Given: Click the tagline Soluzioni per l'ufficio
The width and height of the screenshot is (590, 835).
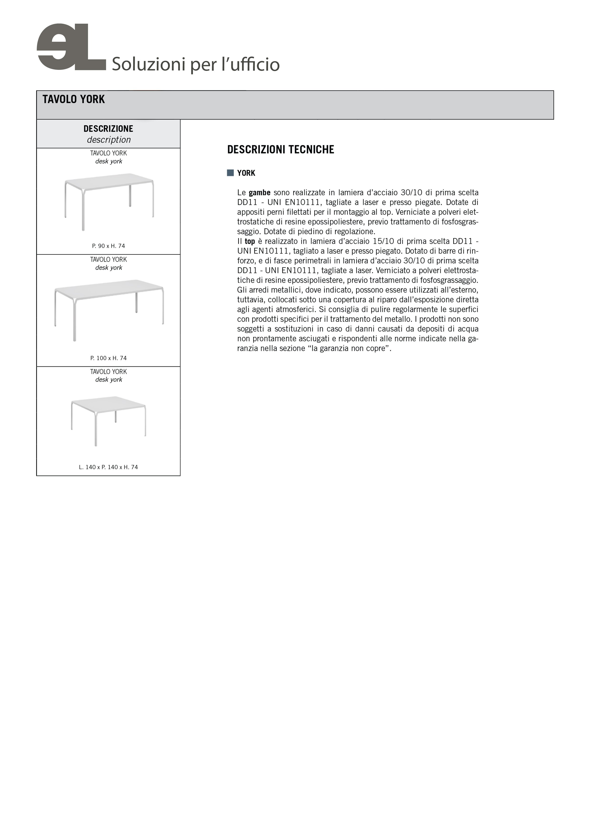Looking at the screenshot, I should click(x=196, y=64).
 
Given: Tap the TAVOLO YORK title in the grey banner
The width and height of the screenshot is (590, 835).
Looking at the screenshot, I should click(x=74, y=99).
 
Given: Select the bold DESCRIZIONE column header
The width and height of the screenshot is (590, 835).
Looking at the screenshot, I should click(x=108, y=129).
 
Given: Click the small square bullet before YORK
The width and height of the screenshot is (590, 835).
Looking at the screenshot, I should click(x=230, y=173).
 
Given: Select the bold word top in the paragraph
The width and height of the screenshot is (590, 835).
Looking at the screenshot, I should click(x=250, y=241).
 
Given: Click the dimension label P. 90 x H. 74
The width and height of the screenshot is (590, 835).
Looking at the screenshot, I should click(x=108, y=246).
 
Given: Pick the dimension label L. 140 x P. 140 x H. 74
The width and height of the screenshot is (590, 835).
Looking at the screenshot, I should click(x=108, y=467).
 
